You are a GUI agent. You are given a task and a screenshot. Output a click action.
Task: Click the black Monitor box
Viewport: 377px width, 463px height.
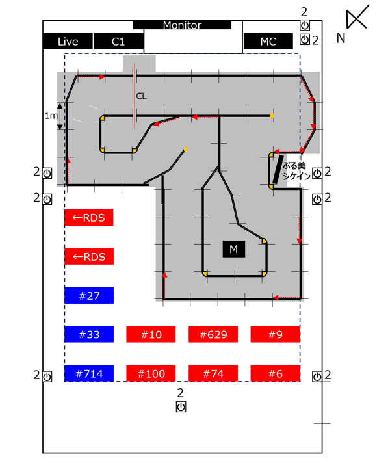(x=182, y=25)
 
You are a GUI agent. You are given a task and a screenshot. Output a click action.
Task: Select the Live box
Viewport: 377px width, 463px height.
(x=68, y=42)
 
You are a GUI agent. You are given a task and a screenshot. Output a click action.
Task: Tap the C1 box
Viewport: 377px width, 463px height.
(x=119, y=42)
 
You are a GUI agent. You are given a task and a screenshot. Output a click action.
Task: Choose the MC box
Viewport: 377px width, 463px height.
(x=268, y=42)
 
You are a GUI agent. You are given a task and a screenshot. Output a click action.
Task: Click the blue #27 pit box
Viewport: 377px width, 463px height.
(x=89, y=295)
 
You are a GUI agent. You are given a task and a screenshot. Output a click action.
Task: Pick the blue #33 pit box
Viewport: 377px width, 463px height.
(x=89, y=334)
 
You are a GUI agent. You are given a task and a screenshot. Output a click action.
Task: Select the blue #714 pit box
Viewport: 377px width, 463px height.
(x=89, y=373)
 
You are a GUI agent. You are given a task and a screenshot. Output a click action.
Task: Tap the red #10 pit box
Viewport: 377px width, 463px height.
(x=151, y=334)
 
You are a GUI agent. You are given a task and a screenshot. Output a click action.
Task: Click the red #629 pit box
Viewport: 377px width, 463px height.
(x=213, y=334)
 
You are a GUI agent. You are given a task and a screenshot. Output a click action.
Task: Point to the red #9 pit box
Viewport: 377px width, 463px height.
(x=275, y=334)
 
